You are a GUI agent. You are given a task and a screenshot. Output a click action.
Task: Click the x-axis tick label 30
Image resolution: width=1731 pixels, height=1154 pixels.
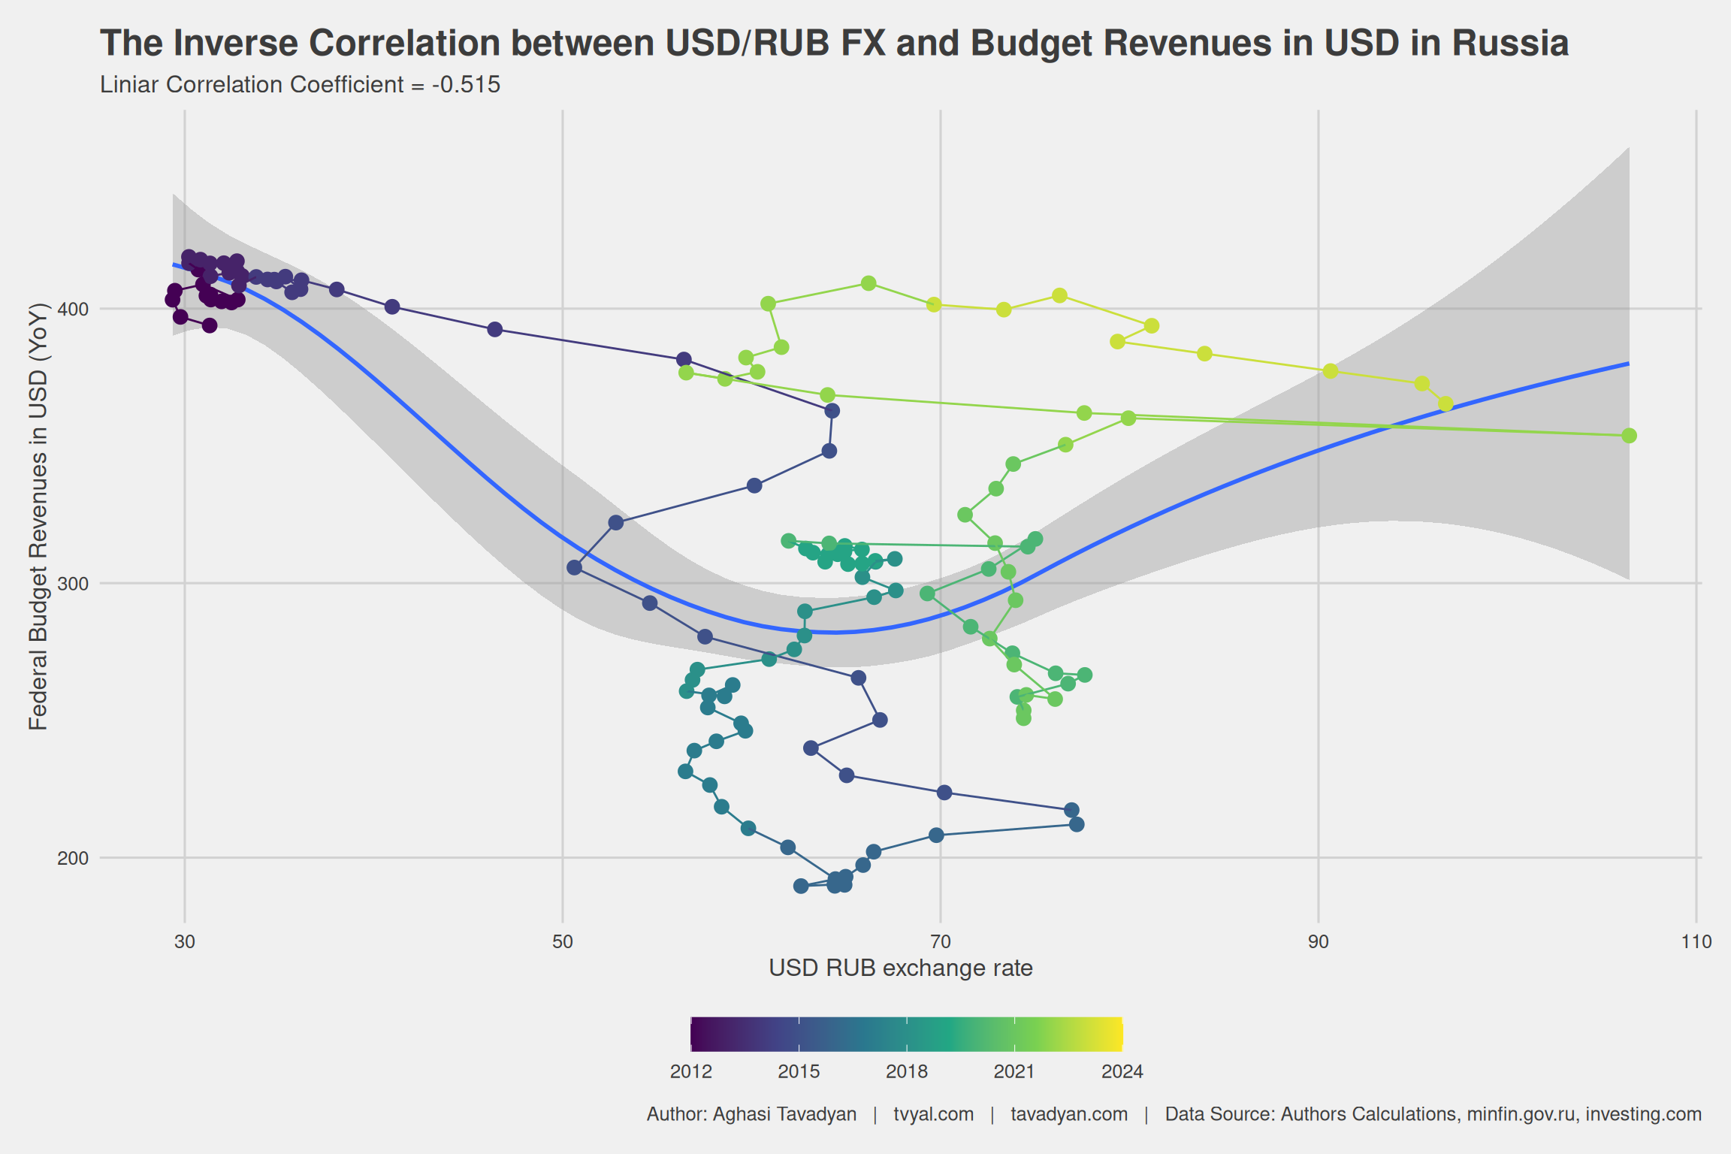[x=185, y=941]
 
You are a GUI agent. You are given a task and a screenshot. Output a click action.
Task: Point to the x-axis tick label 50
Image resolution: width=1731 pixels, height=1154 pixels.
[x=563, y=941]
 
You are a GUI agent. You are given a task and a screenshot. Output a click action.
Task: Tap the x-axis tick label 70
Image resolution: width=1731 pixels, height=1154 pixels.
[x=941, y=941]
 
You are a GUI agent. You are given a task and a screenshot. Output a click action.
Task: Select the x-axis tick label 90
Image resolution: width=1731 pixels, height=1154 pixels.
[x=1319, y=941]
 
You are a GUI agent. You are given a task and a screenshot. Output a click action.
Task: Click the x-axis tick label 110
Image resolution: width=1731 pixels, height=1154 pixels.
[x=1696, y=941]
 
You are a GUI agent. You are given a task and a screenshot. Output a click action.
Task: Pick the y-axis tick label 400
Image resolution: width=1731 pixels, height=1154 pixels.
[x=73, y=309]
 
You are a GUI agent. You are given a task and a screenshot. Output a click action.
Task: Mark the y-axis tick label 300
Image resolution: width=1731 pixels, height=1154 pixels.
[x=73, y=583]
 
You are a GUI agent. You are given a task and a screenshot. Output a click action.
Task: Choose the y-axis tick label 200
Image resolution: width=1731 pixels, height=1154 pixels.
[x=73, y=858]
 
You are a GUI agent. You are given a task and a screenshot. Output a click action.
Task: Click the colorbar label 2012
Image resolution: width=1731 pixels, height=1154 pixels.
[x=691, y=1071]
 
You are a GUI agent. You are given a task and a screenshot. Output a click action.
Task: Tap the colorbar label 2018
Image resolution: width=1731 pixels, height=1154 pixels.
[x=907, y=1071]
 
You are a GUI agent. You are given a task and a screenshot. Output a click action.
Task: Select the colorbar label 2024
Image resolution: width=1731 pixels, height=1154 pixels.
[x=1122, y=1071]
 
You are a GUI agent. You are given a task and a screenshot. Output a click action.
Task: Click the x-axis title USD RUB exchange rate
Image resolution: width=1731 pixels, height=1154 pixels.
[x=901, y=968]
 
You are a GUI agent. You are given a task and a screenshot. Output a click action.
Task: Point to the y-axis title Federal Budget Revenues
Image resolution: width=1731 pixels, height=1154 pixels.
[x=38, y=516]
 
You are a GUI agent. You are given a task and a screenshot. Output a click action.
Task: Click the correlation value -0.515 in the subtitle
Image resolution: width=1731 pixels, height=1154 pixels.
[x=467, y=85]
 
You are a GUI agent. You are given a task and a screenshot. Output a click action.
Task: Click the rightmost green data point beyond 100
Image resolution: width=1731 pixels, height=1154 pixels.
[x=1629, y=436]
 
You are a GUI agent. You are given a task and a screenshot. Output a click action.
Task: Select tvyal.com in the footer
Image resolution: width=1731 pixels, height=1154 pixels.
[x=933, y=1114]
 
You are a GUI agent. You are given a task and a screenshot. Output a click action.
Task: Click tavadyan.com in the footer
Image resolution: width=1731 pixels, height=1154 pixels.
[x=1069, y=1114]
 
